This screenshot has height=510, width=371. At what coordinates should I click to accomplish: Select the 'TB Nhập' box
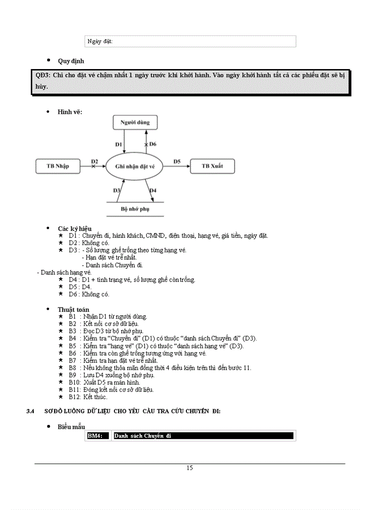(58, 166)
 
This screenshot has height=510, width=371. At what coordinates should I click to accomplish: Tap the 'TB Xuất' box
(212, 166)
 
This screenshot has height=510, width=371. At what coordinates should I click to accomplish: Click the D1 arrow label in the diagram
(118, 144)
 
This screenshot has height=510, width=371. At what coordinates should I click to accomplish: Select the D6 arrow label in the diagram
(153, 144)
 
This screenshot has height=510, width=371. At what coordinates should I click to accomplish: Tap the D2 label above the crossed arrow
(95, 161)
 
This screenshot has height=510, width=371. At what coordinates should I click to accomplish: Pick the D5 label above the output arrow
(177, 161)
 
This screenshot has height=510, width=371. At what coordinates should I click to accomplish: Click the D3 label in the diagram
(116, 190)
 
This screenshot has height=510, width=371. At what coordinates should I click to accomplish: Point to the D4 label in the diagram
(153, 190)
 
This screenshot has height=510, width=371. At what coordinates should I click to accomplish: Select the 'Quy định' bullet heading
(70, 61)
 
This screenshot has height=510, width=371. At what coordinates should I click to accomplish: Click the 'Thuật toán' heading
(73, 310)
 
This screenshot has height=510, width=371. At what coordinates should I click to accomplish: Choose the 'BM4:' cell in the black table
(98, 436)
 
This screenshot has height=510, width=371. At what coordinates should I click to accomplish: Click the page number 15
(190, 468)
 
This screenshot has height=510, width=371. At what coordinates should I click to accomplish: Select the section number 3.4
(30, 411)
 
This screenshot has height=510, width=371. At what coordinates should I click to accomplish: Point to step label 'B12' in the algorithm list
(75, 397)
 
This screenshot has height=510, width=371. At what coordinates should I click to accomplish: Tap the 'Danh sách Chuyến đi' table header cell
(203, 436)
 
